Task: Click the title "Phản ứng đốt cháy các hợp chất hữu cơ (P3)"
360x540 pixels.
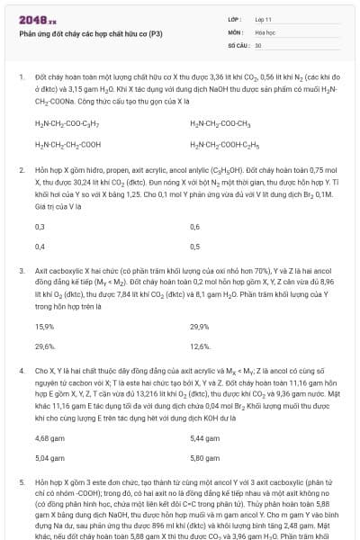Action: pos(78,32)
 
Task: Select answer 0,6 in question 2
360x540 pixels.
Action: pos(195,227)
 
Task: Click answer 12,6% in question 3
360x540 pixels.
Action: pos(200,346)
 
